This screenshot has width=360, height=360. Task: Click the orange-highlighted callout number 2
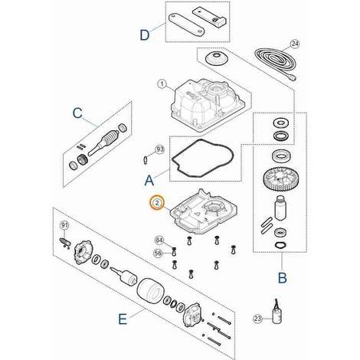coord(157,203)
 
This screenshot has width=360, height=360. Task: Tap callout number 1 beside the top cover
coord(162,84)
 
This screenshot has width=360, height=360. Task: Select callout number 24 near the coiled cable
coord(295,44)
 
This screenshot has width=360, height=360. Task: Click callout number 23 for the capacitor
coord(258,319)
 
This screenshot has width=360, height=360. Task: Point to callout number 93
coord(160,149)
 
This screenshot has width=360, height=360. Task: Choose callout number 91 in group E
coord(64,225)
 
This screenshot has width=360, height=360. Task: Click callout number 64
coord(159,241)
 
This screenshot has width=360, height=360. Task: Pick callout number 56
coord(159,253)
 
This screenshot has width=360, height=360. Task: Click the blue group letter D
coord(145,34)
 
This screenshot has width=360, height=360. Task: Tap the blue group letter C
coord(77,113)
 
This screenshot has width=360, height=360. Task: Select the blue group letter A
coord(149,181)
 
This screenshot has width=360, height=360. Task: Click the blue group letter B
coord(282,277)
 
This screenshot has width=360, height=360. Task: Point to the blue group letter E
coord(123,319)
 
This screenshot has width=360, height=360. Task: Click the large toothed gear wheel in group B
coord(280,178)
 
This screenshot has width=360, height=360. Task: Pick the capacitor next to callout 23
coord(277,315)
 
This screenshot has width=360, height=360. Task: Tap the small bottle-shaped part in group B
coord(280,208)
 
